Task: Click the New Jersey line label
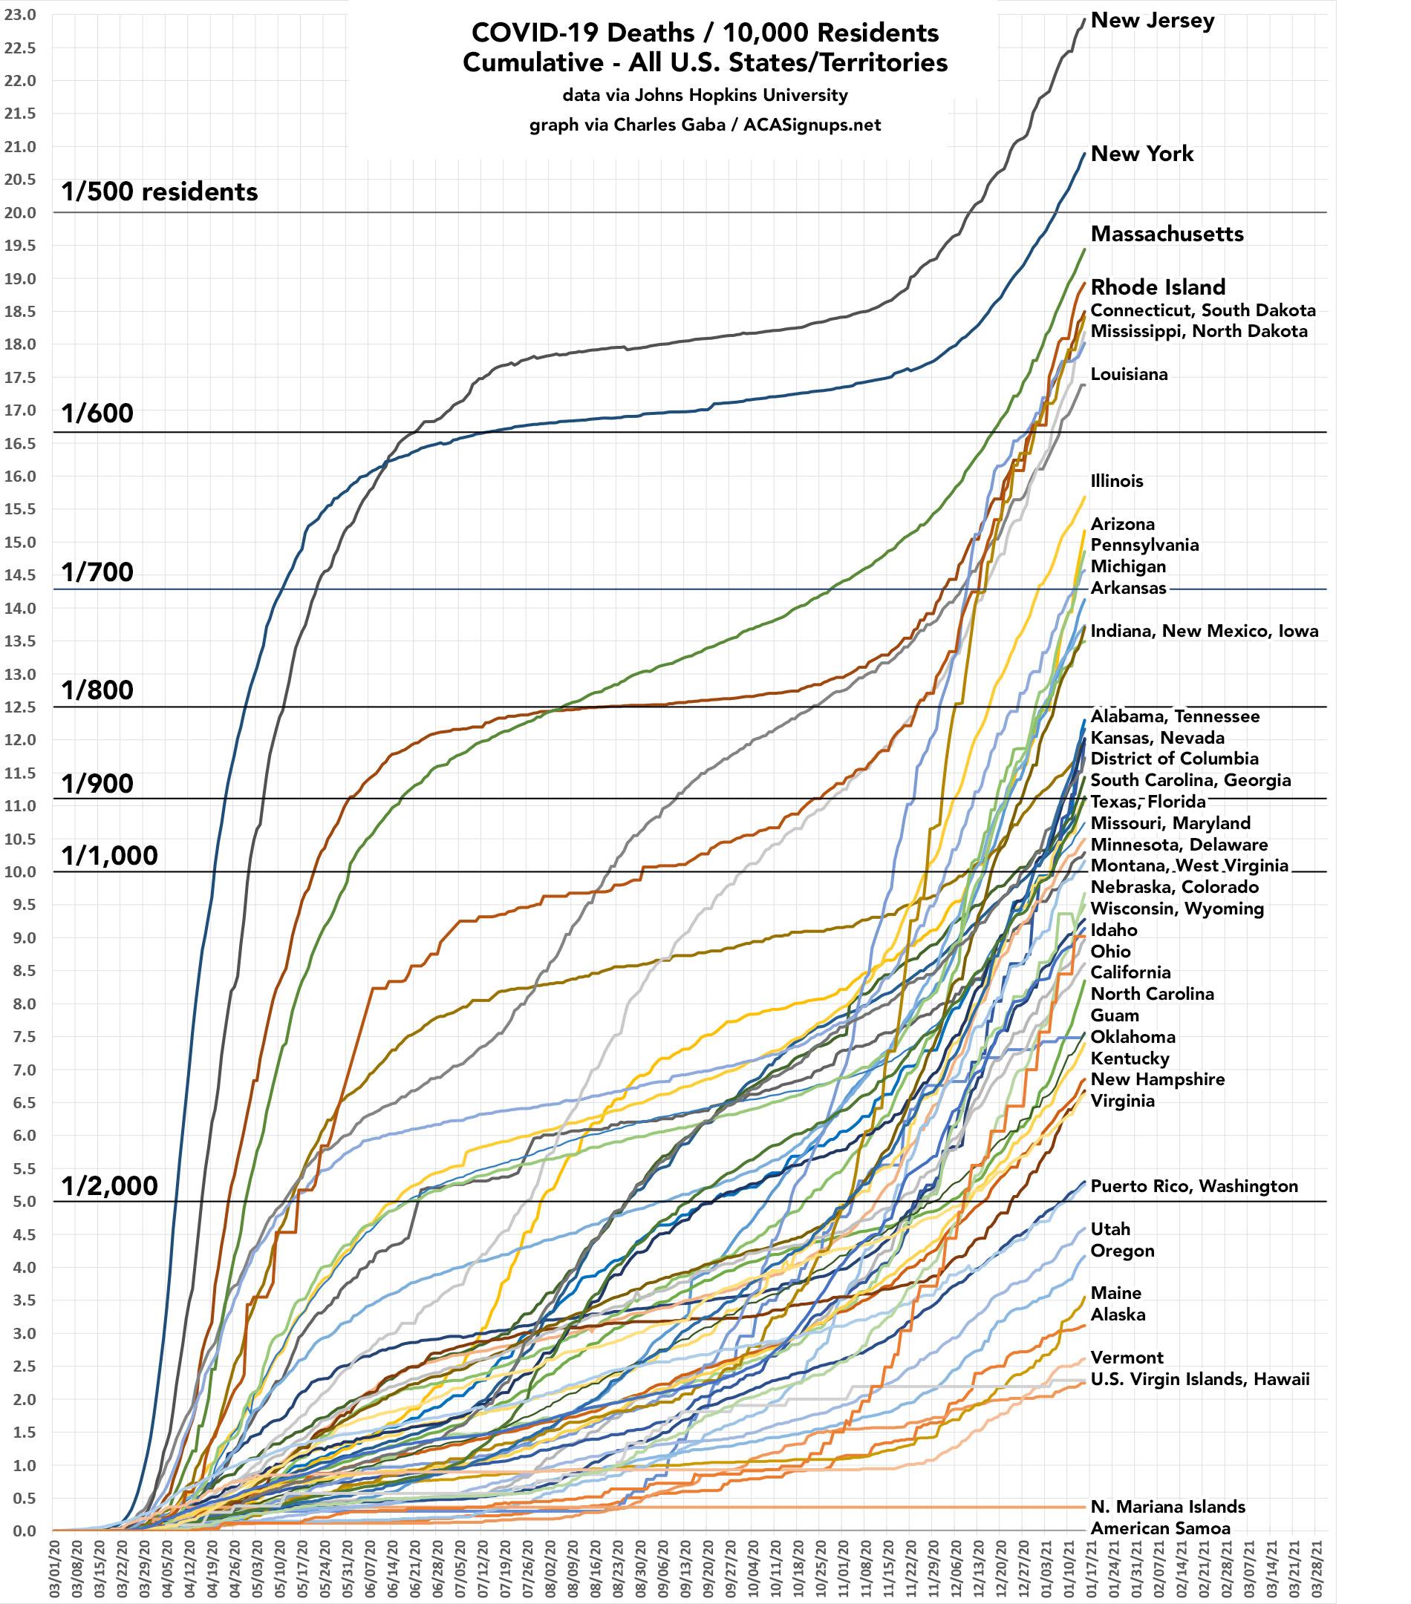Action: [x=1152, y=22]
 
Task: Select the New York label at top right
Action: [x=1141, y=154]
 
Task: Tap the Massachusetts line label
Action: [x=1167, y=234]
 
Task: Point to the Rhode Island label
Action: [x=1157, y=287]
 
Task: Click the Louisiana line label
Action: [x=1128, y=374]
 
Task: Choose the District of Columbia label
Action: [x=1174, y=759]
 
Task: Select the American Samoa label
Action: [x=1160, y=1528]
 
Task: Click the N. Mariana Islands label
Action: [x=1167, y=1507]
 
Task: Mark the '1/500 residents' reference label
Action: [x=160, y=192]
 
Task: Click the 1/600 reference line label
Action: [x=97, y=413]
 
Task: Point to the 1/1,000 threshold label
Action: [x=110, y=855]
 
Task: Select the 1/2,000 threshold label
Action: [x=110, y=1185]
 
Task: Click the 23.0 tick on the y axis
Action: [x=19, y=14]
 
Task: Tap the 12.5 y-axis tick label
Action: [x=19, y=707]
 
